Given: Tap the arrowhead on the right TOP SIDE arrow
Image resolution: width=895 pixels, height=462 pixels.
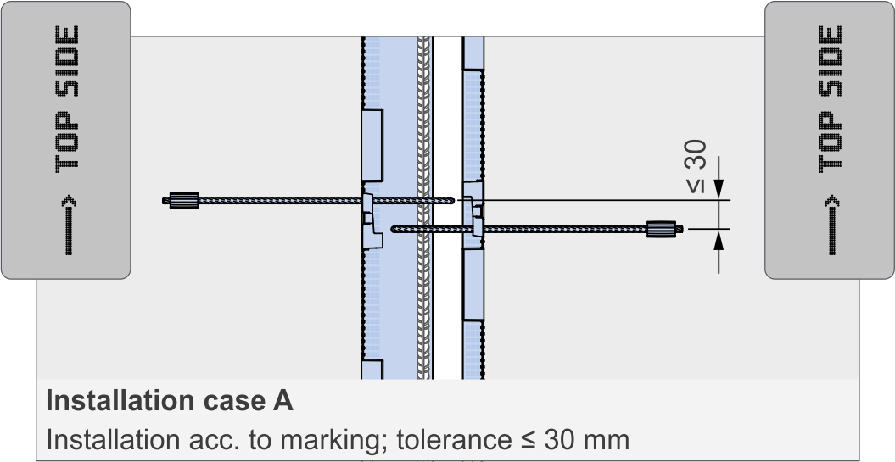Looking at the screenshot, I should tap(831, 202).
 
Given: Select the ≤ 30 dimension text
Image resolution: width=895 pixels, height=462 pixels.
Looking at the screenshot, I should tap(696, 166).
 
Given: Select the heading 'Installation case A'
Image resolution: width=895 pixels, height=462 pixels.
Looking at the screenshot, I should tap(170, 401).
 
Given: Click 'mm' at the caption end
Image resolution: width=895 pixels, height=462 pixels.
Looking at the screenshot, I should tap(608, 440).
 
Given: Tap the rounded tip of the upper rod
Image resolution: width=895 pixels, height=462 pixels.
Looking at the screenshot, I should tap(452, 201).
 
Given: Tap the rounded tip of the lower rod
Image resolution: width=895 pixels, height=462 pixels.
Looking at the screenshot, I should tap(394, 228).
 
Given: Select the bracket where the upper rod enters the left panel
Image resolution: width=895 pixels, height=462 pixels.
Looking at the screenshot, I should tap(370, 219).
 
